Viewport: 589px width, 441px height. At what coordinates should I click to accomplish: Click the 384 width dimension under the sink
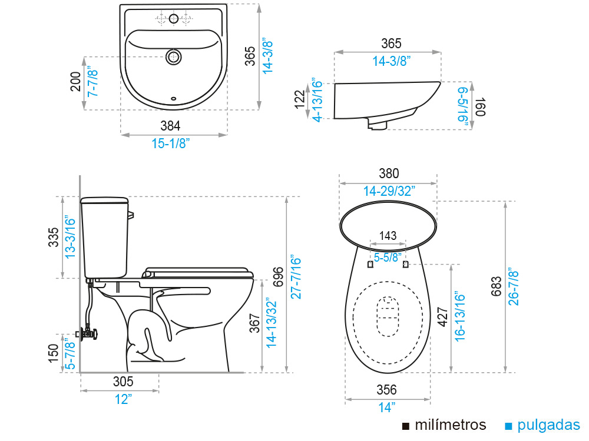click(170, 125)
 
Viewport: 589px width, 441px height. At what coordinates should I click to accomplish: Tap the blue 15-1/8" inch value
click(170, 143)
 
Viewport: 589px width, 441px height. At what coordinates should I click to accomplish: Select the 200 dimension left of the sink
click(75, 83)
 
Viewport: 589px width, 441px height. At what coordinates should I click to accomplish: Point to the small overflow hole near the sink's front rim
click(173, 98)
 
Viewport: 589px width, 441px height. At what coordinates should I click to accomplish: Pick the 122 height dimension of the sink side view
click(300, 99)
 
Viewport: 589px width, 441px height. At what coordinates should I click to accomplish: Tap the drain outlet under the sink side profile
click(377, 123)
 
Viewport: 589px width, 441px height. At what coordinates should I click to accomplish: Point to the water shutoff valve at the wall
click(88, 333)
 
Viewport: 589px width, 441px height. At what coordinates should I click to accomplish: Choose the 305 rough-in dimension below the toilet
click(123, 382)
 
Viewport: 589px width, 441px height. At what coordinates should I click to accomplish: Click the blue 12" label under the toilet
click(123, 399)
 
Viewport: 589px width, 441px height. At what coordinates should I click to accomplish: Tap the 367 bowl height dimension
click(254, 323)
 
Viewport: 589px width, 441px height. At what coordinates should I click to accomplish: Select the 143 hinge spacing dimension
click(388, 236)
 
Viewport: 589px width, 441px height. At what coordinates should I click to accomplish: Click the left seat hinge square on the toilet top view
click(370, 265)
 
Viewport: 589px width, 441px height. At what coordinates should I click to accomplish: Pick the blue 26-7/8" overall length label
click(514, 286)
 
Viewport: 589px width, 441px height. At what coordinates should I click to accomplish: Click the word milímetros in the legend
click(451, 425)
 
